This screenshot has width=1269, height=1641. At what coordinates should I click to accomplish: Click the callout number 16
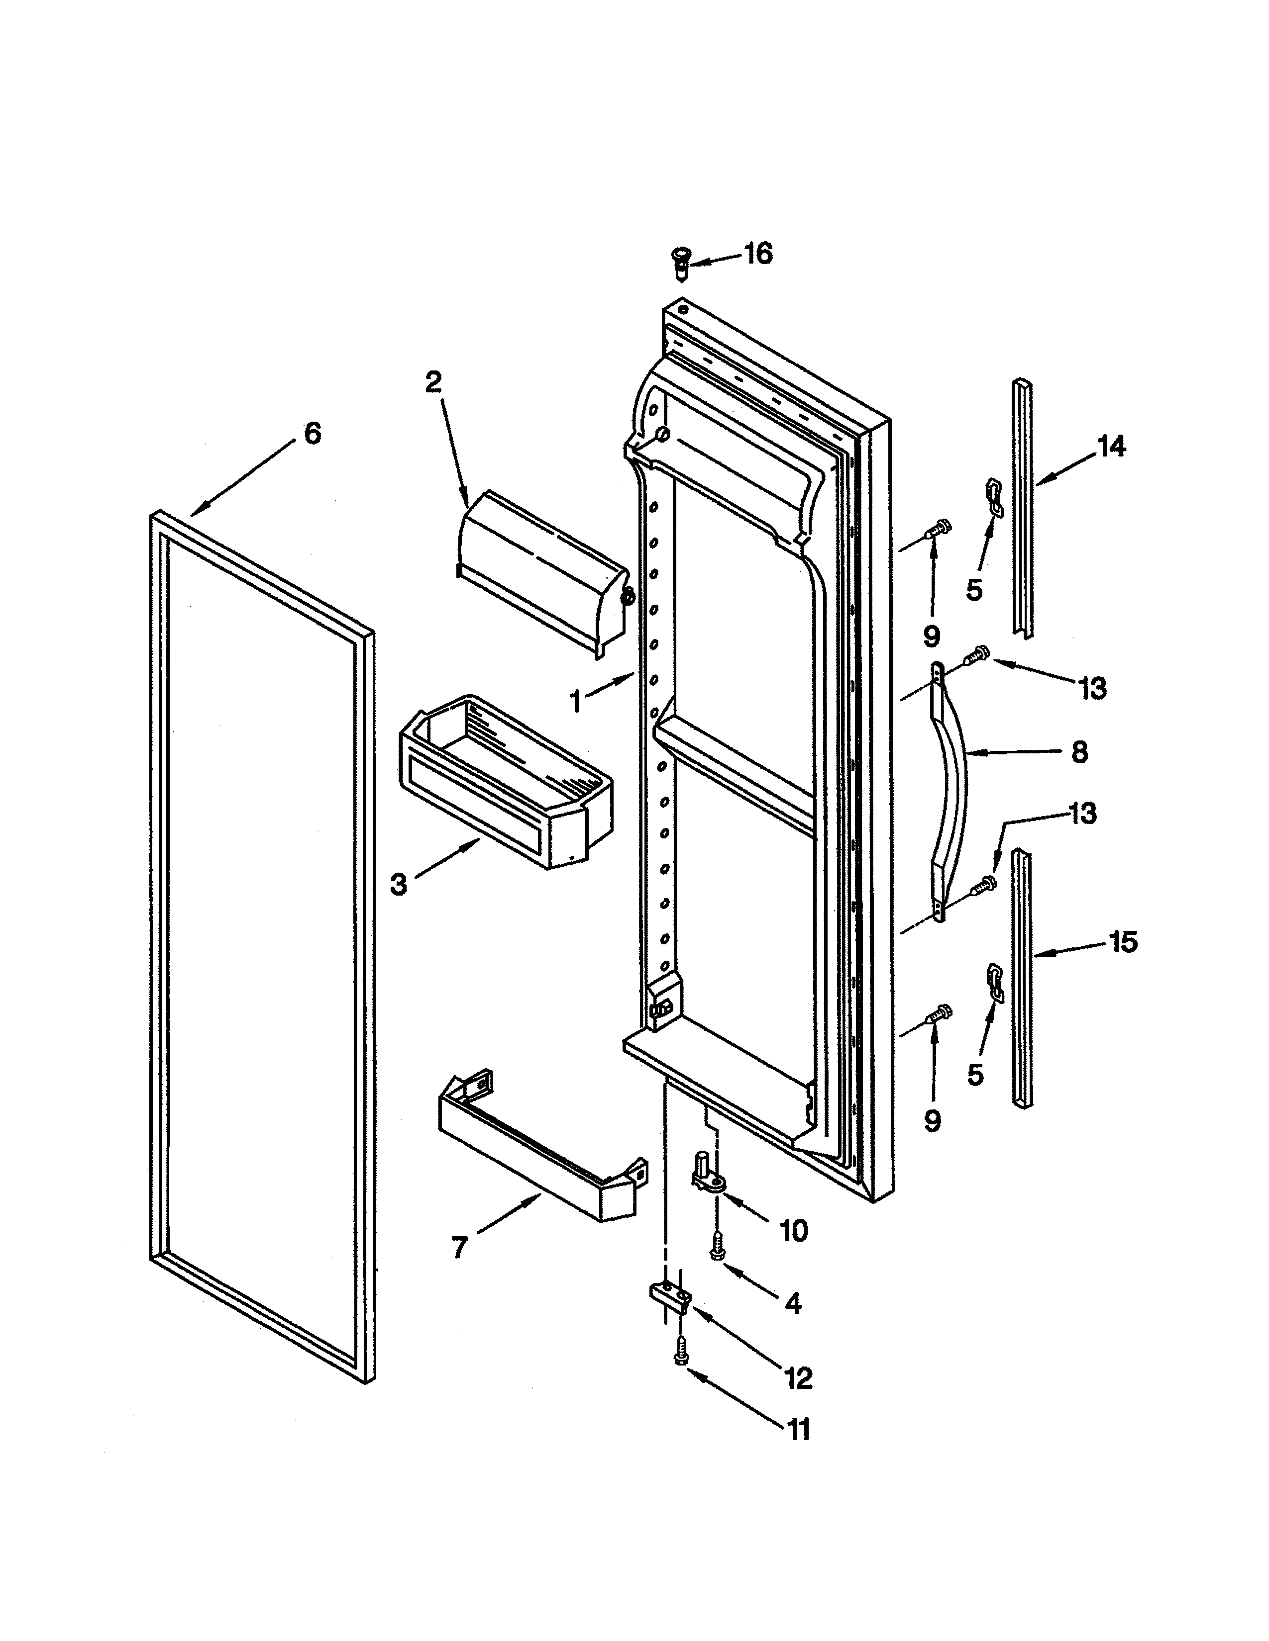coord(758,254)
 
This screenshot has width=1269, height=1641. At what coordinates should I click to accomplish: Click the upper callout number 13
coord(1092,688)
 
